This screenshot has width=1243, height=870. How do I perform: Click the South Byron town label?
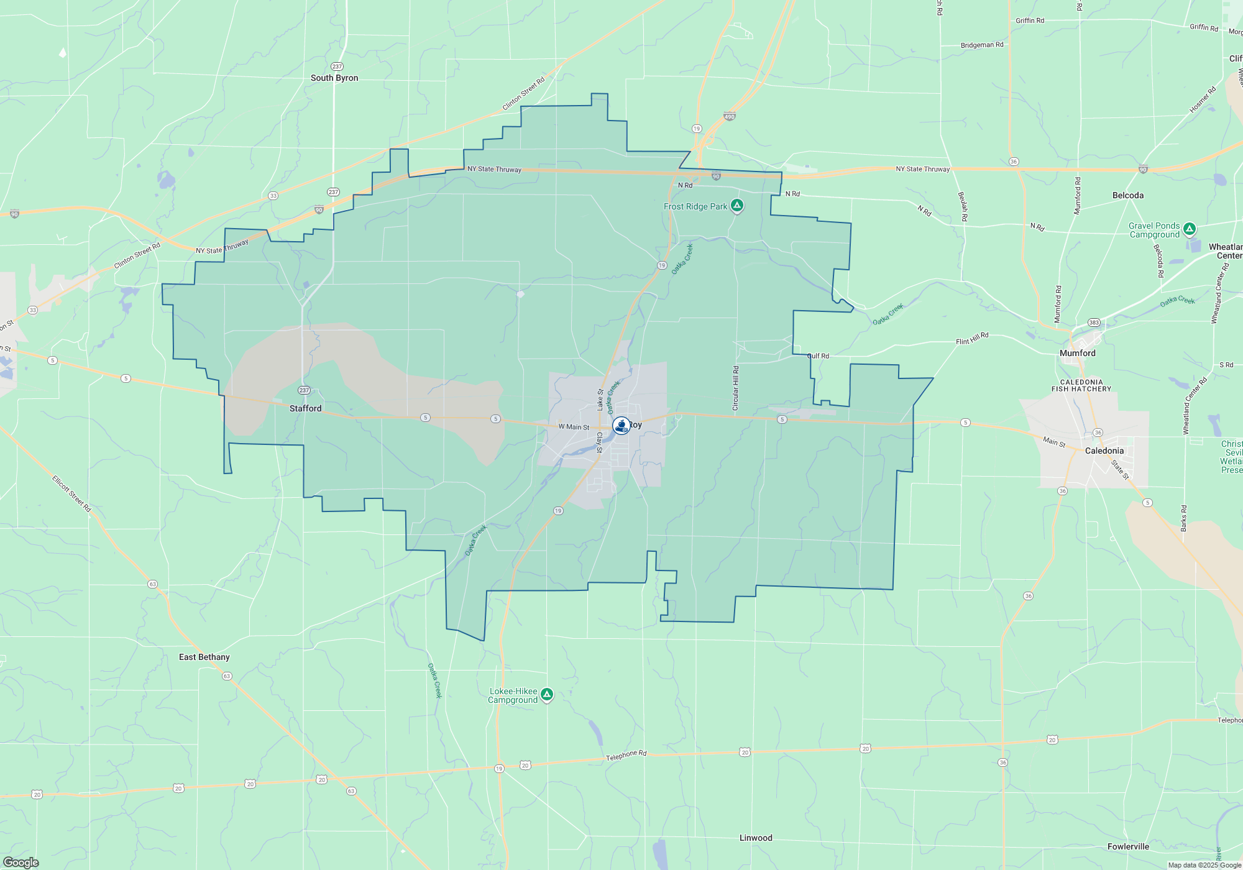334,78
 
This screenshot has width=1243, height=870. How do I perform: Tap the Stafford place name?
306,408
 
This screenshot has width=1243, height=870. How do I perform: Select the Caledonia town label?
1104,451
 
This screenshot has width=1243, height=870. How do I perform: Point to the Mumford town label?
1078,353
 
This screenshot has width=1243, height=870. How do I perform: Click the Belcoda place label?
1128,195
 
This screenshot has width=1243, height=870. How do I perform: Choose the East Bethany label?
204,657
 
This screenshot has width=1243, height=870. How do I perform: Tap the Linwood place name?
756,838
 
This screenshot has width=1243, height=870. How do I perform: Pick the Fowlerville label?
1128,846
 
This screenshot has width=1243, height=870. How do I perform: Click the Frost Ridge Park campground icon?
737,206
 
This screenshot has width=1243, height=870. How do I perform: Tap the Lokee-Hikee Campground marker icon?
547,694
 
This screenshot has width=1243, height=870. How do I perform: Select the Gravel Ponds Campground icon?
1190,229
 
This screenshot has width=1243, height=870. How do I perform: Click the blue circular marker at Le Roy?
621,425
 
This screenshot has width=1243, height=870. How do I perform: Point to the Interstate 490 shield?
730,116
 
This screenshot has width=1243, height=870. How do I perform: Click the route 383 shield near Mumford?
1094,323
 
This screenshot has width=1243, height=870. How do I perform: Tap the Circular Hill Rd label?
736,388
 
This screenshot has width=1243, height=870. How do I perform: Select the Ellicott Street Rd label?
71,493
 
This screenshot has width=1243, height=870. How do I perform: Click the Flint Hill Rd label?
972,339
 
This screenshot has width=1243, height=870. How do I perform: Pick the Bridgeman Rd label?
982,45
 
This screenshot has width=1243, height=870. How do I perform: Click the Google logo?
21,862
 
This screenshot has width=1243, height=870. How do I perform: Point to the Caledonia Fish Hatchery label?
1081,386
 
